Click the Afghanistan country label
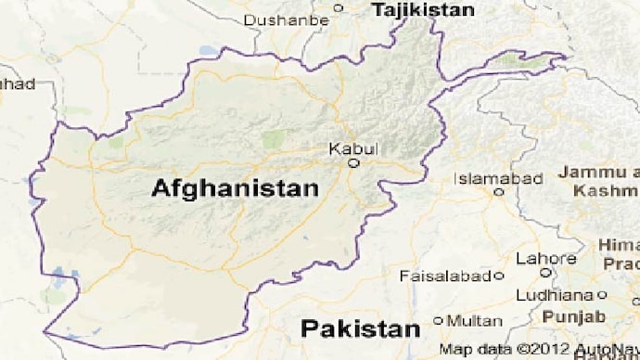[235, 188]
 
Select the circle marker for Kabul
[353, 163]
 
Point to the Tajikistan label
[422, 10]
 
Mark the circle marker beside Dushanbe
[338, 7]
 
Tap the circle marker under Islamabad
[499, 192]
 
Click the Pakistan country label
[360, 328]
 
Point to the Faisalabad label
[445, 276]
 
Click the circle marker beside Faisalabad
[499, 276]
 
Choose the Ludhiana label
[555, 294]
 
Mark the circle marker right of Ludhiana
[601, 295]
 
